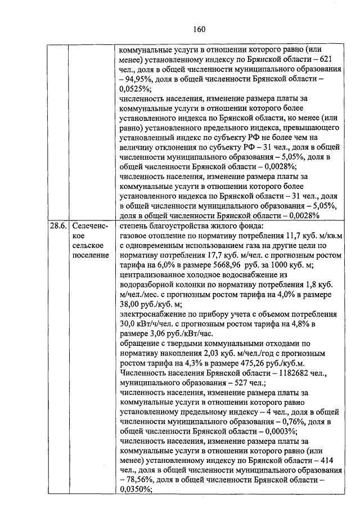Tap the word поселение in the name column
(x=90, y=256)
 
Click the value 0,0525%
(x=135, y=88)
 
